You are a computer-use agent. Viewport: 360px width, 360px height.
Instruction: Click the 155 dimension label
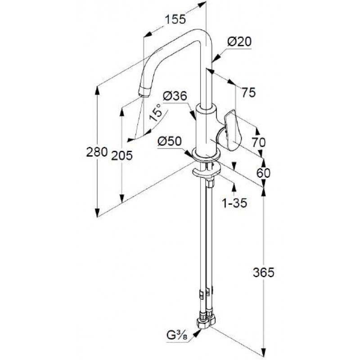pos(175,19)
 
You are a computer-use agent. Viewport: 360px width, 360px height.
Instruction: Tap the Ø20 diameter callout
pos(239,42)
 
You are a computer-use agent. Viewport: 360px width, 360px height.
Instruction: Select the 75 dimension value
pos(248,93)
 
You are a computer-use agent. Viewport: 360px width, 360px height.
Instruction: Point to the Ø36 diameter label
pos(175,96)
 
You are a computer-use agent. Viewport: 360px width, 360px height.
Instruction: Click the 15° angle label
pos(155,112)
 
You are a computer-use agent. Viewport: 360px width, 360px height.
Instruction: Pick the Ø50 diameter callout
pos(170,141)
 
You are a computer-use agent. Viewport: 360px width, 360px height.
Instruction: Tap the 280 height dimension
pos(97,152)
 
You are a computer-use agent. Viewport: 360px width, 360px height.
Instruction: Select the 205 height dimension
pos(122,155)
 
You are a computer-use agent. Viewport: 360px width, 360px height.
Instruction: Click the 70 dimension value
pos(258,142)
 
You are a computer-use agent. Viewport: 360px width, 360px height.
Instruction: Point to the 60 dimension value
pos(263,173)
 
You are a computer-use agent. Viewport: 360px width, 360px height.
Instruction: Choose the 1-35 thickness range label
pos(234,203)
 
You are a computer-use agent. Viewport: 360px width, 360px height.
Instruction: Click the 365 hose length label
pos(264,273)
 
